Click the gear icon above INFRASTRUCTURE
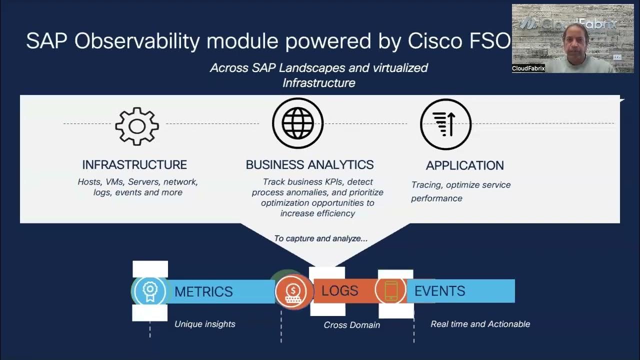click(137, 126)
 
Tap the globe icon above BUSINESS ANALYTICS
click(297, 123)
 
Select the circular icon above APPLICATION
click(445, 123)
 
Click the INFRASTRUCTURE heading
click(134, 164)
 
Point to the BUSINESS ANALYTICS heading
click(309, 164)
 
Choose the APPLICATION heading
click(464, 165)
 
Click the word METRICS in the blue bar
click(203, 291)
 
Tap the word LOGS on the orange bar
click(339, 290)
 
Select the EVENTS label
click(439, 291)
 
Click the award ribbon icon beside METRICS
click(149, 291)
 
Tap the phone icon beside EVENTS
click(391, 290)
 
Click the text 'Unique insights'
click(204, 324)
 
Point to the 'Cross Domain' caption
click(351, 325)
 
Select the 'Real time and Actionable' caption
click(480, 324)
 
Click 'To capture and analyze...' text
click(320, 238)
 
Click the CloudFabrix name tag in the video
click(528, 68)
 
